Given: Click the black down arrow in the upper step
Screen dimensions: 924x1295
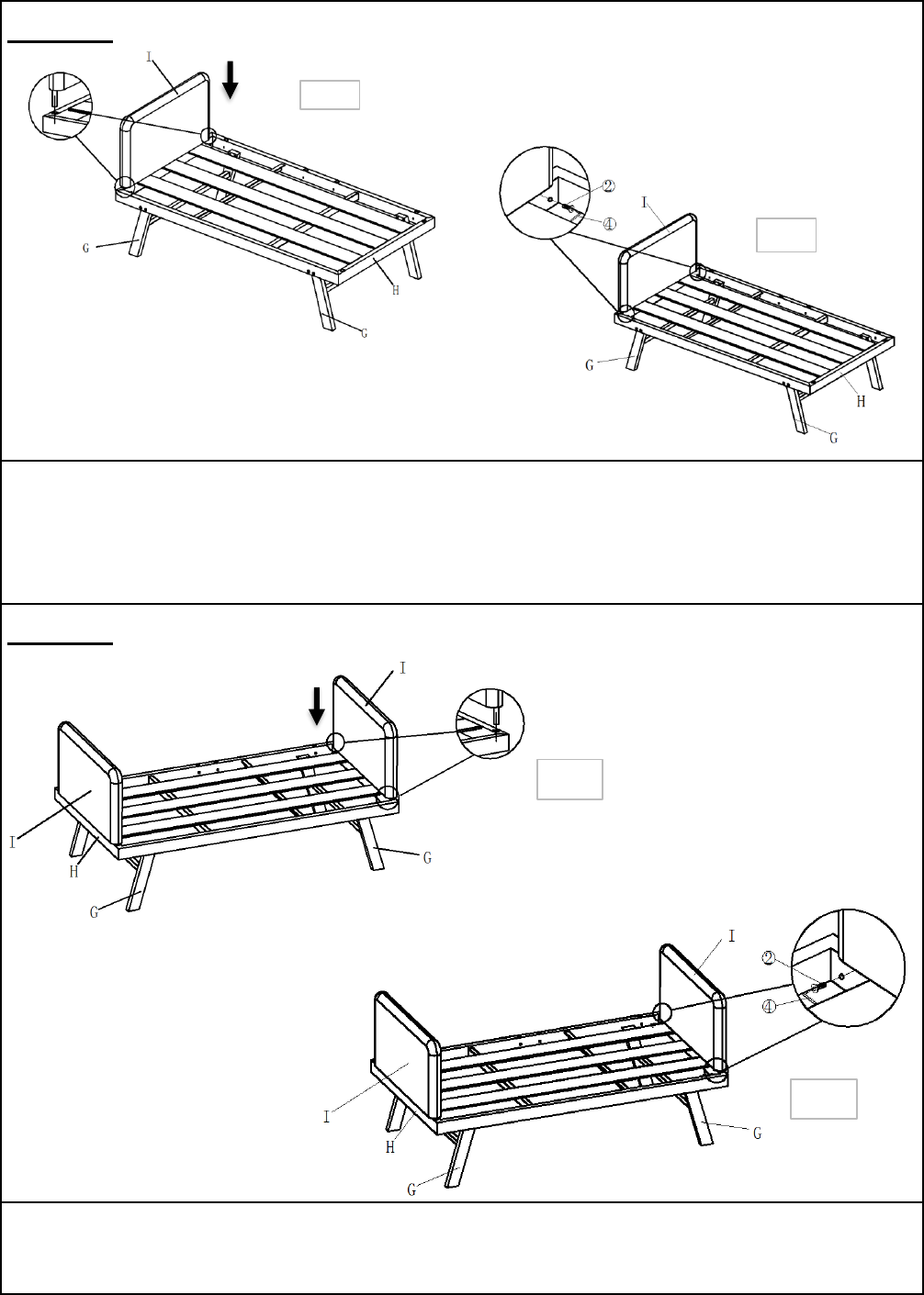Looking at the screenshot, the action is click(231, 80).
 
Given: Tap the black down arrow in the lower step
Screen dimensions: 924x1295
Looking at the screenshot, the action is click(317, 706).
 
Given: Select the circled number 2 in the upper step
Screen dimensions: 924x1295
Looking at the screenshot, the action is click(608, 186).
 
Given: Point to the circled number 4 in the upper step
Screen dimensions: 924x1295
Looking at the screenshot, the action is click(609, 224).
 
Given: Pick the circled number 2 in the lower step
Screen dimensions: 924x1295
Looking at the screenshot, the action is click(769, 958).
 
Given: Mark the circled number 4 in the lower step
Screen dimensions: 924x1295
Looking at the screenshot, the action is click(769, 1007).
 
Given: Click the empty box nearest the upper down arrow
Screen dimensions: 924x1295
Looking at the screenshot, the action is click(330, 95).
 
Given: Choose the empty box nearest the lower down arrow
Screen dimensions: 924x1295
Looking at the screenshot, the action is click(569, 779).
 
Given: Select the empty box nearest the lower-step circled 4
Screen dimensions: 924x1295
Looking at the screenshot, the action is click(823, 1099).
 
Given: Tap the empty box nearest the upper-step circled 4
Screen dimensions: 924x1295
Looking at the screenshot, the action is click(786, 235).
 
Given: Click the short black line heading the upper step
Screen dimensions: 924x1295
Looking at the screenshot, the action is click(61, 41).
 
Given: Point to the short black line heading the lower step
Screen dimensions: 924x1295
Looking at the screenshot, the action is click(61, 642).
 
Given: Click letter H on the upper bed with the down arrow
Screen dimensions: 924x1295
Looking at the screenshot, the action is click(396, 290).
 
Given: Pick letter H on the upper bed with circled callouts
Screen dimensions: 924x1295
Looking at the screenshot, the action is click(861, 401).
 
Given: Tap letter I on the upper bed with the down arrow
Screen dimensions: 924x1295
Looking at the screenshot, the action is click(149, 57).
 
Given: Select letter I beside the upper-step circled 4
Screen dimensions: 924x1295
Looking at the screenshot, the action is click(644, 202).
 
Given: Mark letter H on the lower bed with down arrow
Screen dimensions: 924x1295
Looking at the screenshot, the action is click(73, 872).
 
